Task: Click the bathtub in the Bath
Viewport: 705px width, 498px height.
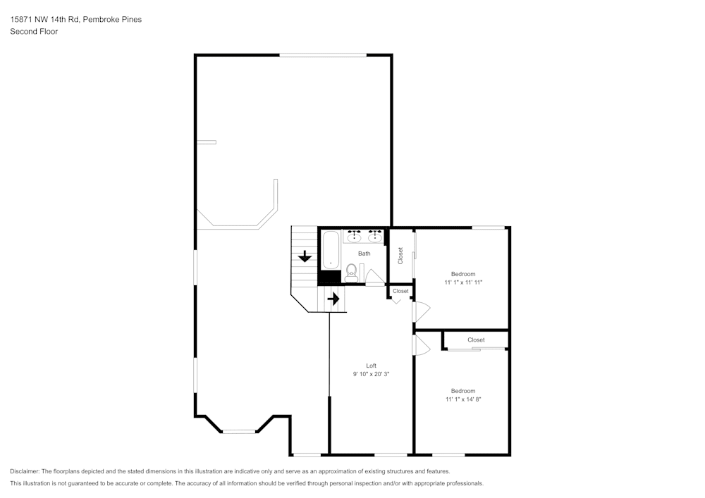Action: point(331,251)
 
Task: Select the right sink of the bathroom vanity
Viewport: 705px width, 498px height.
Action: point(375,237)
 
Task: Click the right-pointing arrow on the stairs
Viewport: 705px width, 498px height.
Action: point(333,299)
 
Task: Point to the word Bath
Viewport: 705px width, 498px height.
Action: point(364,254)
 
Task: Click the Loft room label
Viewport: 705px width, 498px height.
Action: point(371,366)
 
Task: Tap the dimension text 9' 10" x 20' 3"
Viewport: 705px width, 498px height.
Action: point(371,375)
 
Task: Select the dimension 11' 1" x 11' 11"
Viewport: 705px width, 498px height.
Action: point(463,282)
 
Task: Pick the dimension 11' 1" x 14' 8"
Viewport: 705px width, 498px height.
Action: point(463,399)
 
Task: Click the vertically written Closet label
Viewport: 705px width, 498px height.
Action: point(400,255)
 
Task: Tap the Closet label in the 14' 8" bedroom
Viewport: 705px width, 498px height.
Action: point(476,340)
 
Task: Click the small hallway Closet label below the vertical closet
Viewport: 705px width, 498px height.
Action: point(400,291)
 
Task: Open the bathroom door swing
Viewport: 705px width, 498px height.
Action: point(374,277)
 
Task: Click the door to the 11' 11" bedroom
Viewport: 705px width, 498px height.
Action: point(421,311)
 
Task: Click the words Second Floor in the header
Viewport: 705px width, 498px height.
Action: point(33,32)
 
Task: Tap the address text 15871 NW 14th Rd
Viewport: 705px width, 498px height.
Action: point(45,20)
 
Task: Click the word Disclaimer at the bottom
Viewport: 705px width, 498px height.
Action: point(25,471)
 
